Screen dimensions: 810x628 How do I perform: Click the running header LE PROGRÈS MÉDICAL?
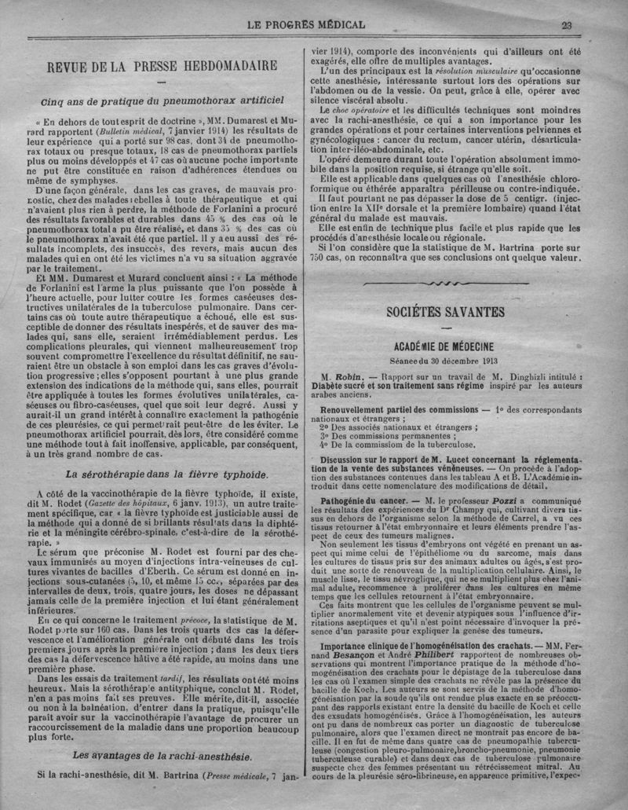[306, 24]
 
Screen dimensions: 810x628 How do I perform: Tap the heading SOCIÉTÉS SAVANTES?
[444, 312]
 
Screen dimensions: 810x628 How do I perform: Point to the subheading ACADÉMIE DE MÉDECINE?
[444, 346]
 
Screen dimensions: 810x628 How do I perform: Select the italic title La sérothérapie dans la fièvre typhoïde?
[166, 475]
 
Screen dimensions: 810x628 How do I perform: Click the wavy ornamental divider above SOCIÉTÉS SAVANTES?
[444, 284]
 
